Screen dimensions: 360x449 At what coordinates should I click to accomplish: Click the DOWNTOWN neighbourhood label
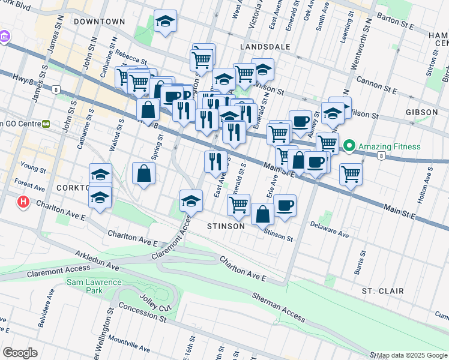coord(100,22)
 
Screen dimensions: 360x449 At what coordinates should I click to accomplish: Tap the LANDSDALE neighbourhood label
coord(265,46)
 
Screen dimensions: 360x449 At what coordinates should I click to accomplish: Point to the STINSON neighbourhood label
coord(226,227)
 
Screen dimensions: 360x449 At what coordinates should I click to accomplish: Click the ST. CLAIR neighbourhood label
coord(382,291)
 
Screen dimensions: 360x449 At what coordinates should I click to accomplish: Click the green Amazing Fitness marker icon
coord(349,146)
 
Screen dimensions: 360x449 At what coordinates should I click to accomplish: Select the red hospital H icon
coord(23,202)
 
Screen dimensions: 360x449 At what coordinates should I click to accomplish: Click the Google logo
coord(20,352)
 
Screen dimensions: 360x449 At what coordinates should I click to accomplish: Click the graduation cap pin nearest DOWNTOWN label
coord(165,22)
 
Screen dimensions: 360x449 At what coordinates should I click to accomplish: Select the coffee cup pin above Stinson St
coord(285,206)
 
